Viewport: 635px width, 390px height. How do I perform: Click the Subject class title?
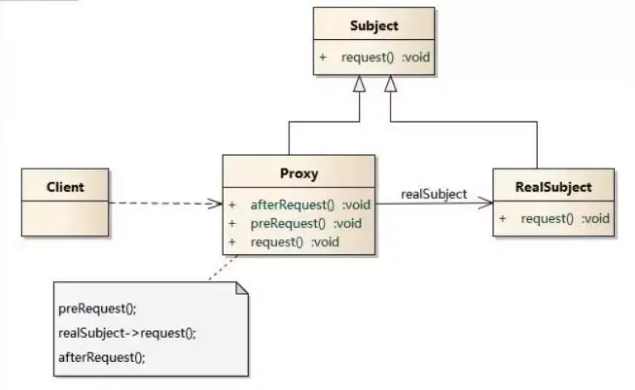[x=374, y=26]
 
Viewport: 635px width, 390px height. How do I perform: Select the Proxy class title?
[x=299, y=174]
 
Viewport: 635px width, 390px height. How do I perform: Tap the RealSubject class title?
[x=553, y=187]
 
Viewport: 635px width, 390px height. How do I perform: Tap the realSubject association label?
[x=434, y=194]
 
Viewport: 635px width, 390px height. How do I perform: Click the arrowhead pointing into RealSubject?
[x=486, y=203]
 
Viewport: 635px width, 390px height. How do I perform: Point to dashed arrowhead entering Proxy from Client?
[x=216, y=203]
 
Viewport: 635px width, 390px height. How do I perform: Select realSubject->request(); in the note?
[x=127, y=333]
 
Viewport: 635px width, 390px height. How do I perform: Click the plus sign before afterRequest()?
[x=233, y=204]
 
